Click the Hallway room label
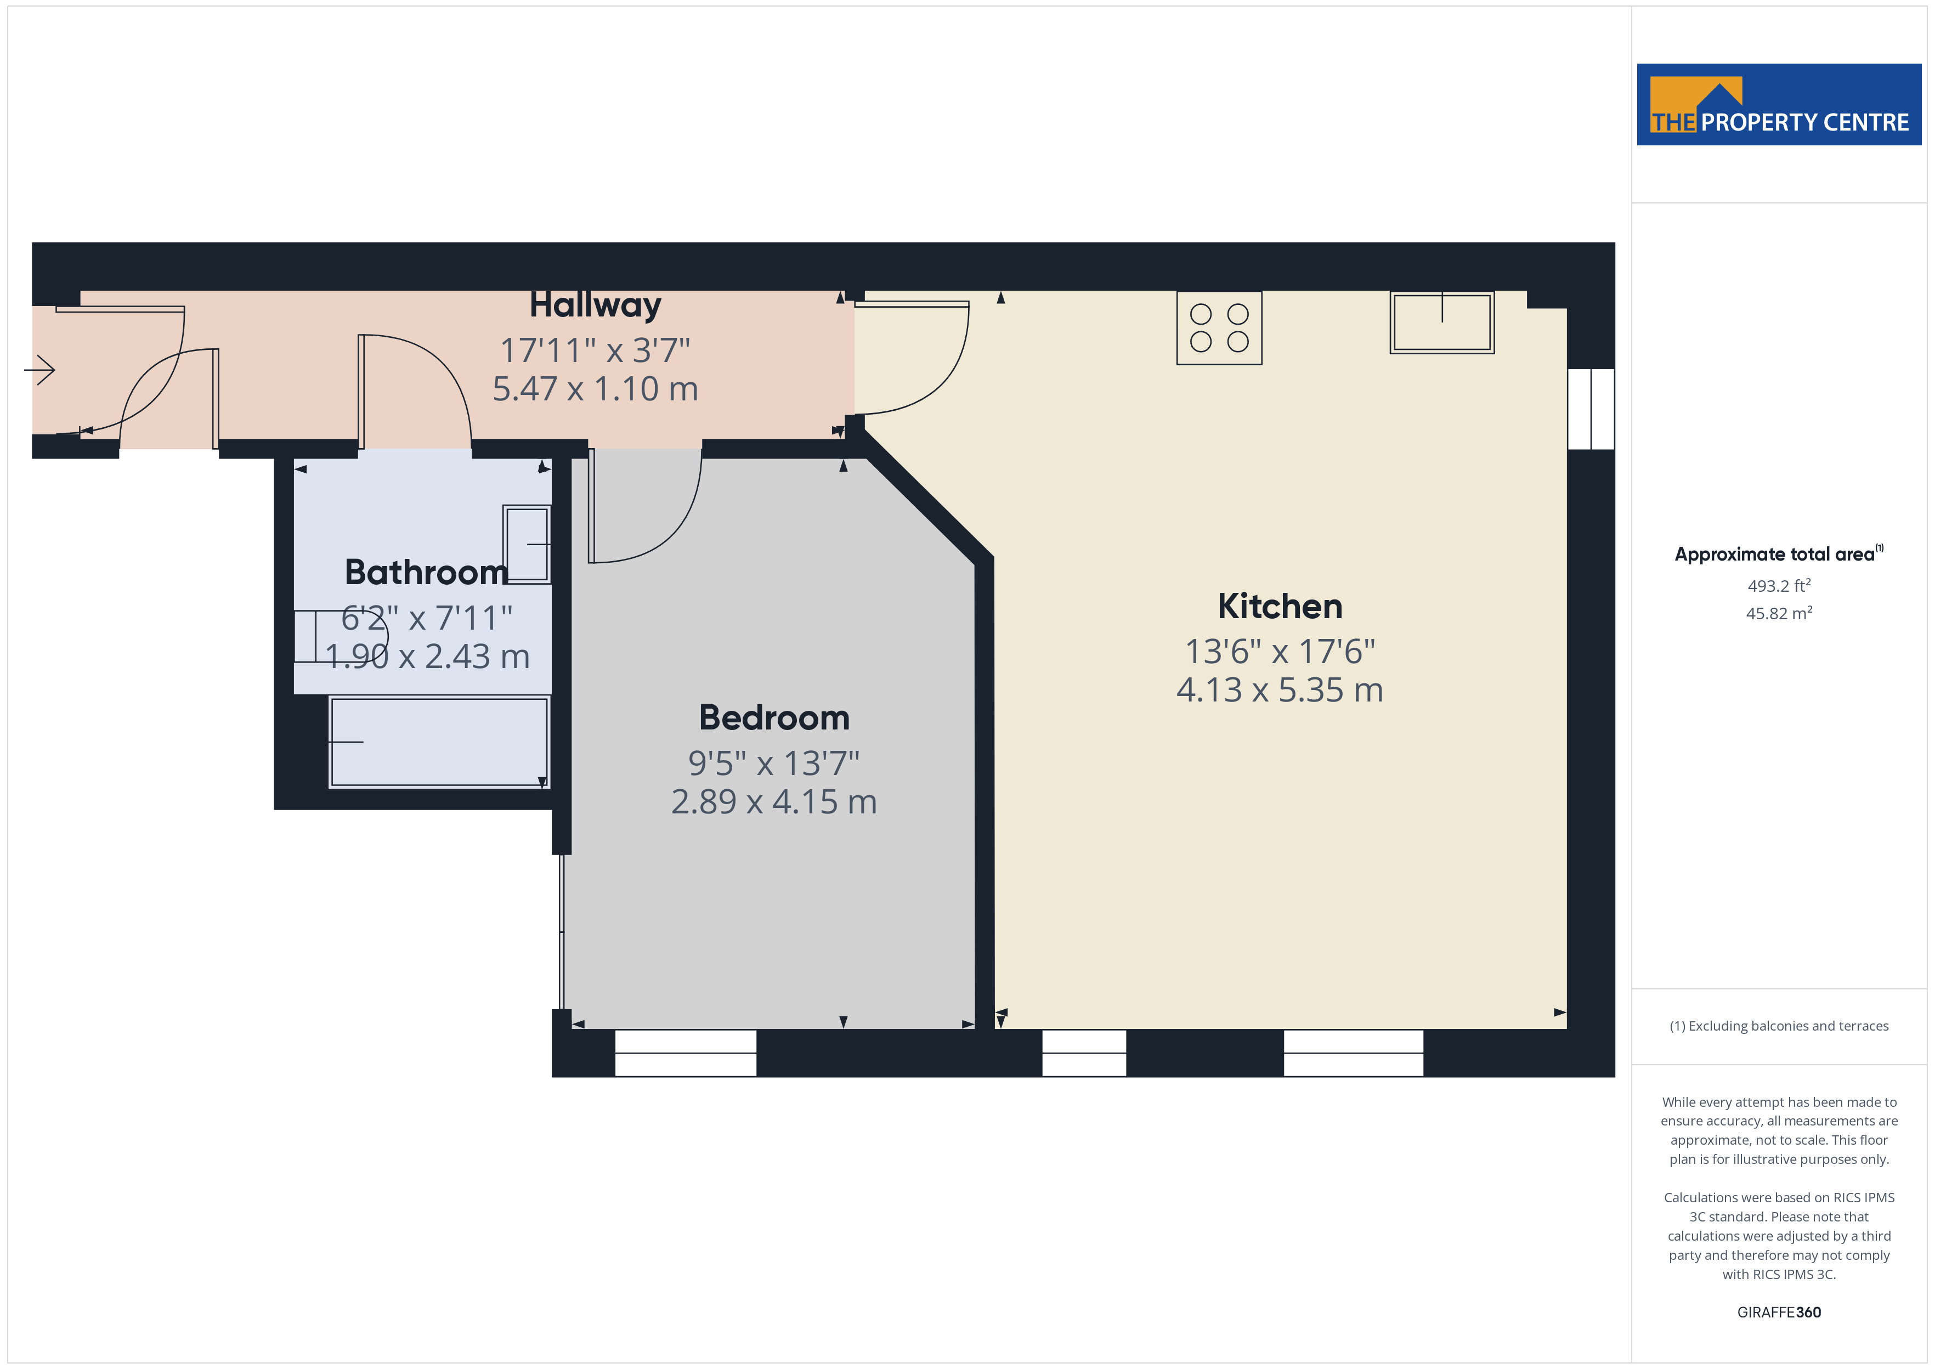click(x=595, y=305)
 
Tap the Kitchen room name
click(x=1280, y=606)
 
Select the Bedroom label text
click(x=774, y=717)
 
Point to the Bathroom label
click(x=427, y=573)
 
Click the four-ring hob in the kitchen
click(x=1219, y=328)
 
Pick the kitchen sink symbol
click(x=1442, y=322)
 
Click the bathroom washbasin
click(x=527, y=544)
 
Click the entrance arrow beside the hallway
click(x=39, y=369)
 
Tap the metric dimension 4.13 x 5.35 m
click(x=1280, y=689)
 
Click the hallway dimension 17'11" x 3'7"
click(x=595, y=350)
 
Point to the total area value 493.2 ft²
click(x=1778, y=585)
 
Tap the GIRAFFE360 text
click(x=1778, y=1311)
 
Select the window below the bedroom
click(x=685, y=1053)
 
